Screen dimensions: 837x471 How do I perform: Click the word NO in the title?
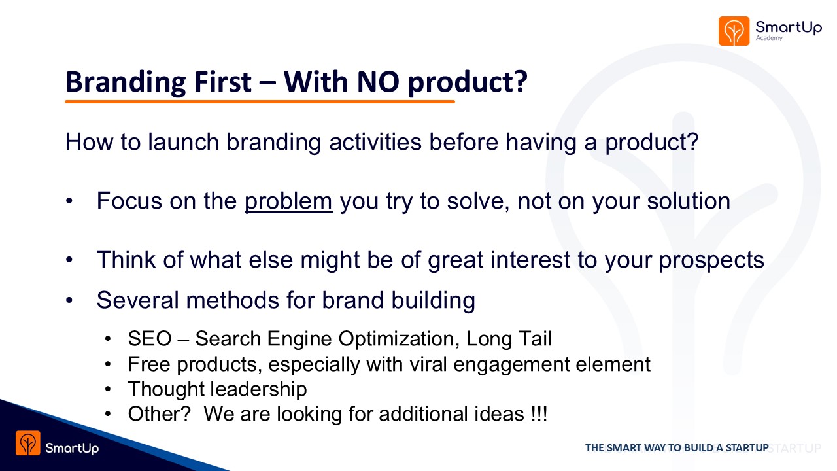[378, 82]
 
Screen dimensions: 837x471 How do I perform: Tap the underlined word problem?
[288, 202]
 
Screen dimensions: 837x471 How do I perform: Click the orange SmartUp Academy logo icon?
[734, 31]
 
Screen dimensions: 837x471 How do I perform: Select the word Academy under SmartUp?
[769, 38]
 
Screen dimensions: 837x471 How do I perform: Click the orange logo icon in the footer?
[28, 443]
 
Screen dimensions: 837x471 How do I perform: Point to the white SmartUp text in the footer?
[72, 448]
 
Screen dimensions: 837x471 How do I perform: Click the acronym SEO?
[150, 339]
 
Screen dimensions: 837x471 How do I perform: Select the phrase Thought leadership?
[218, 389]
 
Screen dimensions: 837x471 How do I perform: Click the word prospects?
[711, 260]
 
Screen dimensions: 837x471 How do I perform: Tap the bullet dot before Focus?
[69, 201]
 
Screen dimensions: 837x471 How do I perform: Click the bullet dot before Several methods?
[69, 300]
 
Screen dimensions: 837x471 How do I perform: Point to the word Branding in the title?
[126, 82]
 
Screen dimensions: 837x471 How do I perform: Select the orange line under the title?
[260, 101]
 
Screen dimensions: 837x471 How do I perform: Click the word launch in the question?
[183, 142]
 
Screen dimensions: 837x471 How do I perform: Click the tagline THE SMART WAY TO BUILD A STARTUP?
[677, 448]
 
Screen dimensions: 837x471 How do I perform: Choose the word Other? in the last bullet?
[159, 414]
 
